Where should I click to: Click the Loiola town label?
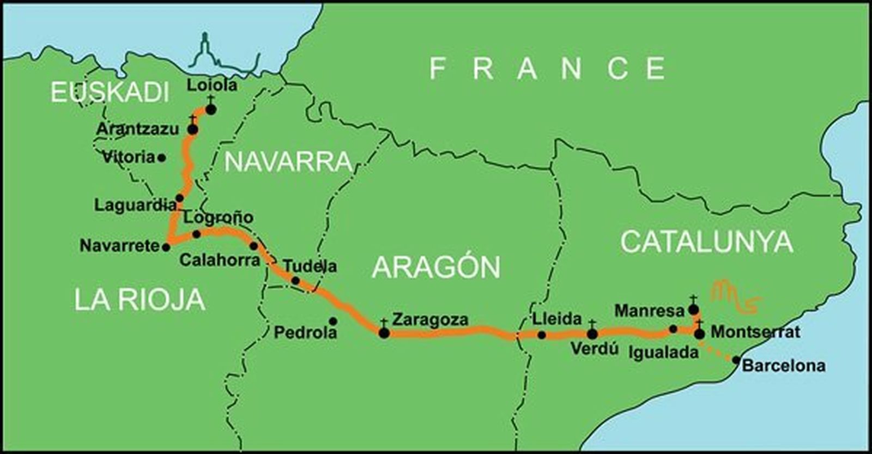click(212, 85)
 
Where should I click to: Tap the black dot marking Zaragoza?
click(384, 332)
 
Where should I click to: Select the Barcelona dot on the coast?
click(736, 360)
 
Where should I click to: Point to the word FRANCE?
click(547, 69)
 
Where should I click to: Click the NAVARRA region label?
click(288, 162)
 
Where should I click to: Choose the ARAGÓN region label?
click(436, 267)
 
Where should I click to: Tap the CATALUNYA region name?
click(706, 241)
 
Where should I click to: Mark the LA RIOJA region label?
click(140, 300)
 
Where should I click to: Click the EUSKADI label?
click(110, 93)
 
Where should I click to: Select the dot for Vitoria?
click(161, 158)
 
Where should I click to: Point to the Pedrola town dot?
click(333, 321)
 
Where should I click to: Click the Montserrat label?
click(755, 331)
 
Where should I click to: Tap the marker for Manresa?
click(693, 310)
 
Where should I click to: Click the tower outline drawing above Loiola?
click(205, 52)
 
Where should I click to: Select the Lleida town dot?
click(541, 335)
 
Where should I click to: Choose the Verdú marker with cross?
click(592, 334)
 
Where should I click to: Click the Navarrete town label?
click(119, 246)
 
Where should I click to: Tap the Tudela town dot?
click(295, 281)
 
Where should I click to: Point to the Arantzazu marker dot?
click(192, 129)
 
